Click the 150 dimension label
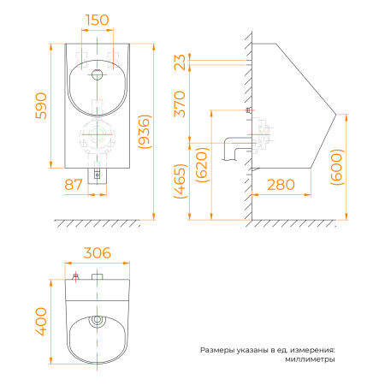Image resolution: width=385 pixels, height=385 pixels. pos(98,20)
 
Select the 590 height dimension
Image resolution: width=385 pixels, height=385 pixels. pos(41,106)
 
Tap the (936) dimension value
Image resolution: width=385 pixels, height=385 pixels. pos(144,132)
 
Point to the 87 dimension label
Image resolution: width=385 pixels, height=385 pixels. pos(74,185)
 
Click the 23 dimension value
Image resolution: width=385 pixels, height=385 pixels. pos(180,62)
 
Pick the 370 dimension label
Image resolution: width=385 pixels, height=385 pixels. pos(180,104)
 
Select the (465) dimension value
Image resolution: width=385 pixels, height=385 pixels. pos(181,181)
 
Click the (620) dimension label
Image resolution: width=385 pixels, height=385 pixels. pos(202,164)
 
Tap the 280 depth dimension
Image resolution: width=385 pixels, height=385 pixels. pos(281,185)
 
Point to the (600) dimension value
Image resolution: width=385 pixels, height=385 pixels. pos(336,167)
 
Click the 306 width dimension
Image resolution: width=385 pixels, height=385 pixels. pos(98,253)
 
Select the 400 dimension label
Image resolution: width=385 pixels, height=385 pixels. pos(41,322)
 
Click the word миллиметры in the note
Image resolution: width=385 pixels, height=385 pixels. pos(310,359)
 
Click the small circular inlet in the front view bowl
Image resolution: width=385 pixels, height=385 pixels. pos(98,74)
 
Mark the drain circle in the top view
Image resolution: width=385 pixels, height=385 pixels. pos(97,320)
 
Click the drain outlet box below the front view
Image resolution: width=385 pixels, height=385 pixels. pos(97,176)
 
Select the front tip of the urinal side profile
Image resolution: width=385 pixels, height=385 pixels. pos(336,114)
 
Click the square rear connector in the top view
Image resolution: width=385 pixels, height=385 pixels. pos(98,276)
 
